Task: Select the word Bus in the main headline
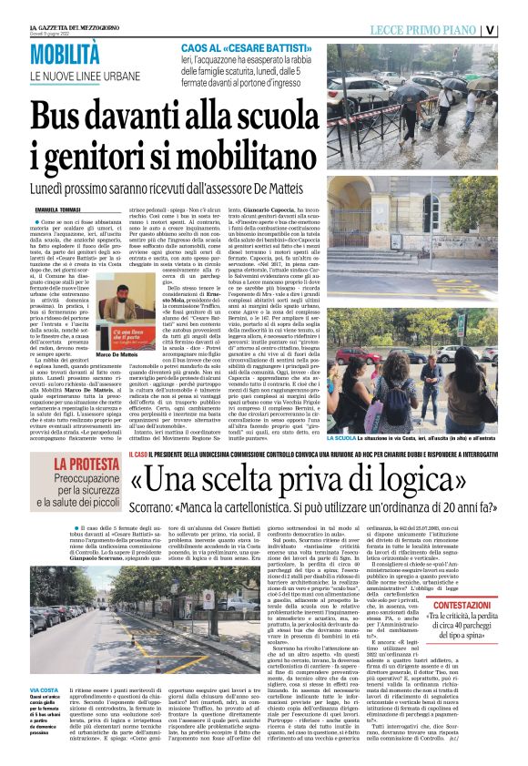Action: pyautogui.click(x=61, y=116)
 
